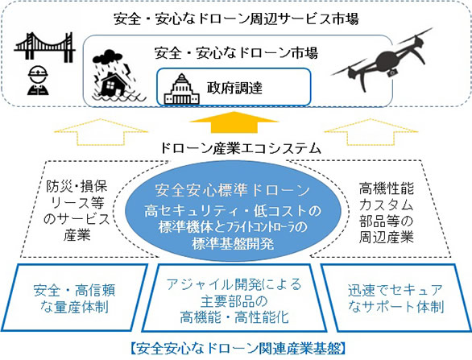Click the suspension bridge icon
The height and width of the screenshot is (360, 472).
[x=44, y=47]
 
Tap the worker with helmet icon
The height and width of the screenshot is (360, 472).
[x=38, y=80]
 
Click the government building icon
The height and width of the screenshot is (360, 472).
[x=181, y=89]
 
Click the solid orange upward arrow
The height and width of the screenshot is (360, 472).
[x=234, y=122]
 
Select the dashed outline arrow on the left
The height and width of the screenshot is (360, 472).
[x=101, y=132]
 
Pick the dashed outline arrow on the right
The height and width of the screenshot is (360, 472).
[x=371, y=132]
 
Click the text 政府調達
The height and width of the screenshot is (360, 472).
[x=234, y=88]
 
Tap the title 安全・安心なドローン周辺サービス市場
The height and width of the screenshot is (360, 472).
[x=236, y=19]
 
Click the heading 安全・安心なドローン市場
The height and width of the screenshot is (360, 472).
[x=236, y=53]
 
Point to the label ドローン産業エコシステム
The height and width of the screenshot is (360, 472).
[x=240, y=149]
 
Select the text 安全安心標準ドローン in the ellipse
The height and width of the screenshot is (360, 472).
[x=232, y=190]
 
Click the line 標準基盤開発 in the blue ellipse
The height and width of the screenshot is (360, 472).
[x=233, y=243]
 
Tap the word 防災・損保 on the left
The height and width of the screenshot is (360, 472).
[x=77, y=187]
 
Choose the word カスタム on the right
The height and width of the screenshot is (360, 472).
[x=386, y=205]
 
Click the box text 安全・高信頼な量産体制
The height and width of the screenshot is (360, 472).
[x=74, y=299]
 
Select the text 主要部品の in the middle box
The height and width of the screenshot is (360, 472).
[x=234, y=300]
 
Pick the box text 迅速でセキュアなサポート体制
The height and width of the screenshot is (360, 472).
[x=395, y=298]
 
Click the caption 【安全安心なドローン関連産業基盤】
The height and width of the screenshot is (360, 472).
[x=238, y=349]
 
